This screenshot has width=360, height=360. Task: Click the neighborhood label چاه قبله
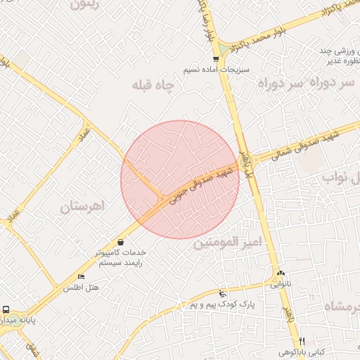pos(153,86)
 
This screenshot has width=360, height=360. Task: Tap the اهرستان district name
pos(82,207)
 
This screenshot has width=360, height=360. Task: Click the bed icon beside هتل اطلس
pos(81,276)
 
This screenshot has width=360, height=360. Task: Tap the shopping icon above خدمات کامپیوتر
pos(120,242)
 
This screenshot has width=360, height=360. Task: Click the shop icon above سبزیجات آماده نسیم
pos(215,59)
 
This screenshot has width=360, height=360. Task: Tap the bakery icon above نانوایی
pos(281,273)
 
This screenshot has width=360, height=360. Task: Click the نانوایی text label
pos(279,285)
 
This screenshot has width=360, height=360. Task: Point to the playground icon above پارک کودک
pos(223,293)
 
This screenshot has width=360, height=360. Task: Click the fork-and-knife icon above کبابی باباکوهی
pos(302,340)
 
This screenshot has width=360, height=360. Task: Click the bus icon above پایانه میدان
pos(6,309)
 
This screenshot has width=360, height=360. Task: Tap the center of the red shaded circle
pos(180,179)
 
